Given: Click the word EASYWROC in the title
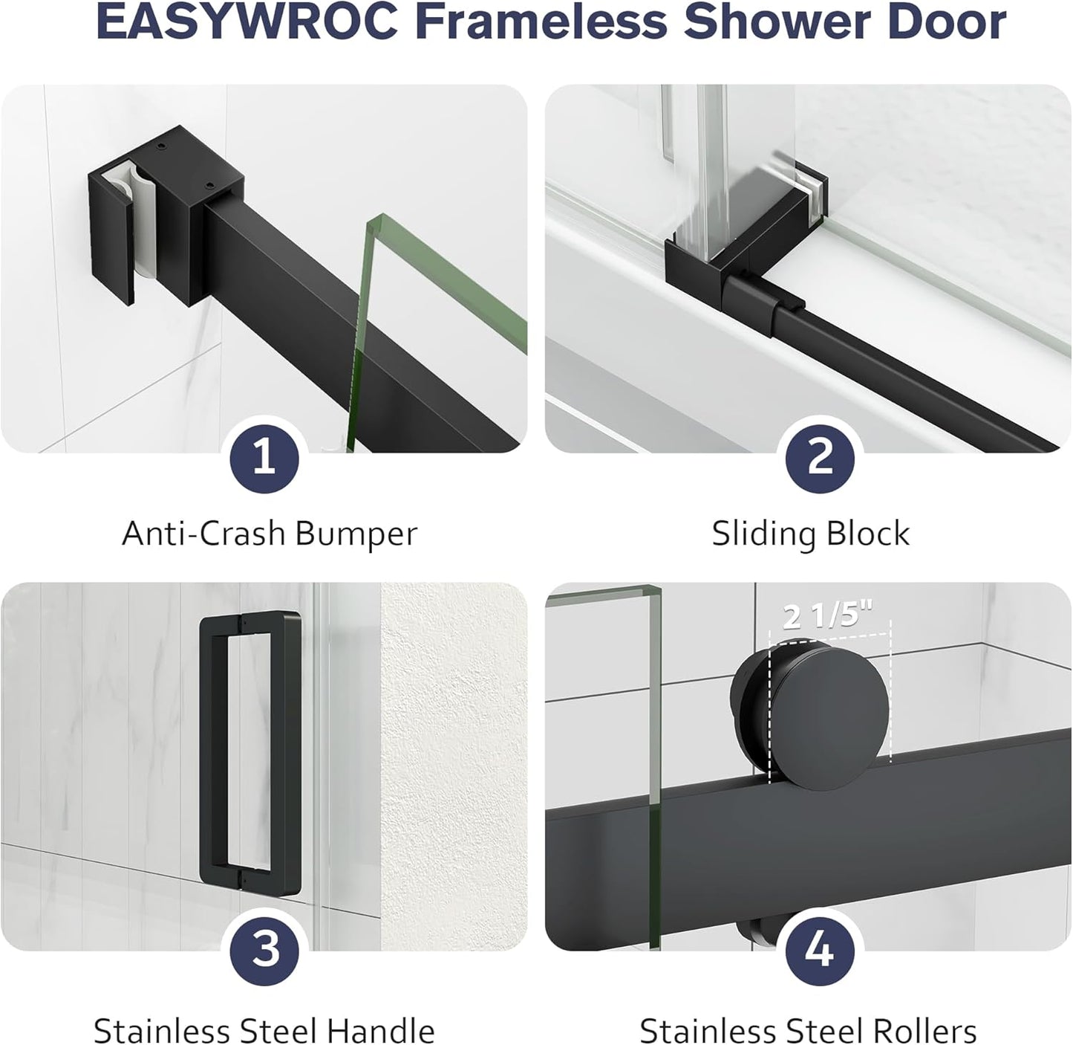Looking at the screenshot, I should (248, 24).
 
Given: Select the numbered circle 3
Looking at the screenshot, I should (264, 949).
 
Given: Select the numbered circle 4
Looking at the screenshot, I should (819, 949).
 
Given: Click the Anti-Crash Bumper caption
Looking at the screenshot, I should (270, 534).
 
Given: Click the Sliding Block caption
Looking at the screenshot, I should (810, 534).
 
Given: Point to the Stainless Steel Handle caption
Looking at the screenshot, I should (264, 1030).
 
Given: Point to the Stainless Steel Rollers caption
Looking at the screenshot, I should (808, 1030).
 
